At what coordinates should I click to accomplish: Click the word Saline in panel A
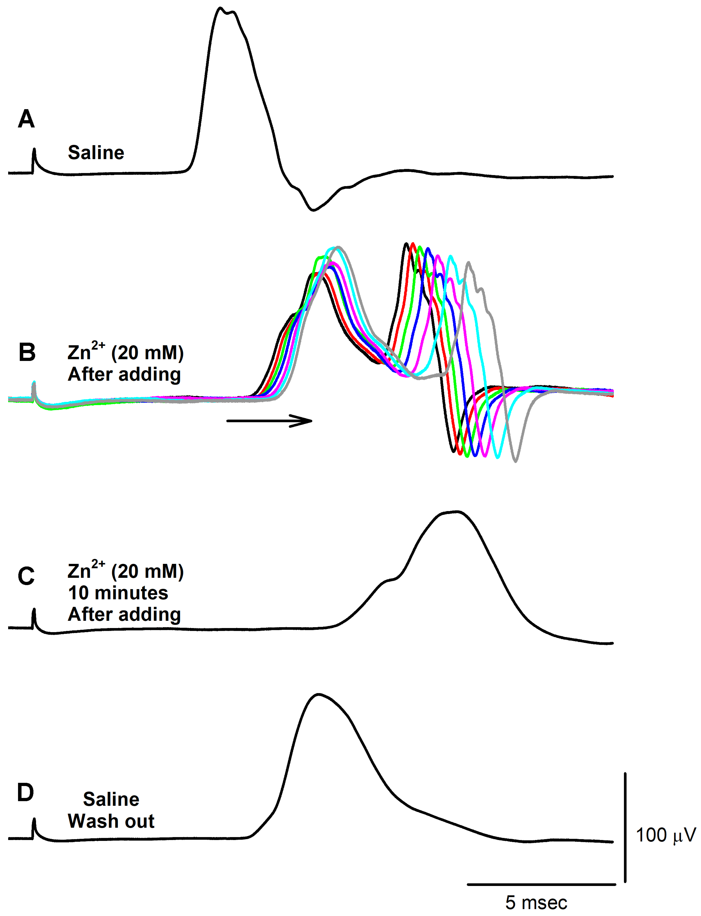click(96, 153)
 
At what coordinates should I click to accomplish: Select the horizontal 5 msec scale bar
click(541, 884)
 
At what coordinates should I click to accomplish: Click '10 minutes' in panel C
click(118, 593)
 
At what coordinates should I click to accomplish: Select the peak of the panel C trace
click(457, 512)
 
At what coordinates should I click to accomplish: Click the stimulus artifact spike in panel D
click(34, 819)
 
